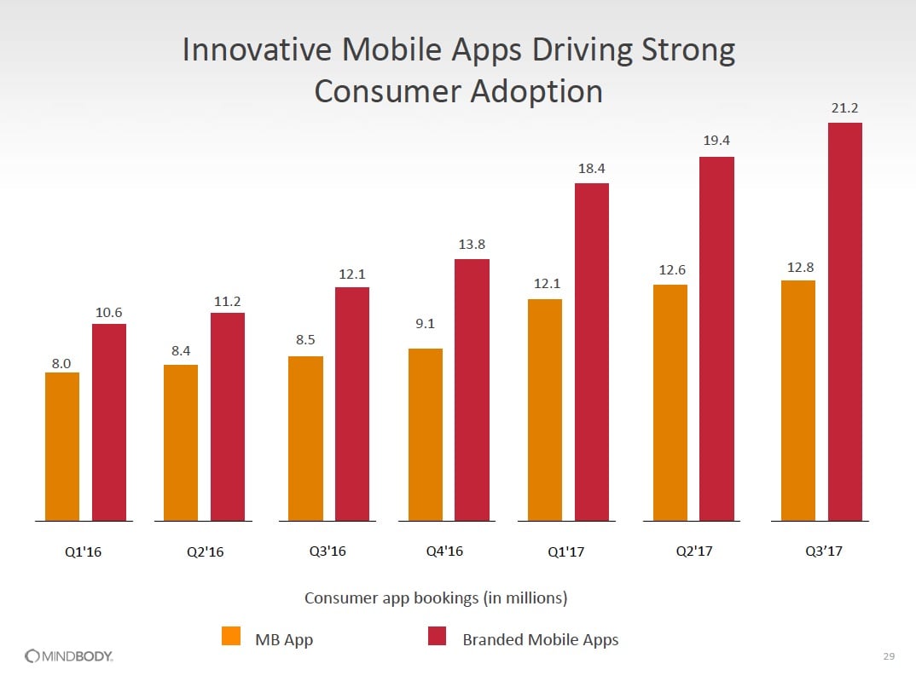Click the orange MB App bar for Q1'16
point(62,446)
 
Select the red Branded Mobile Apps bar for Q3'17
point(844,321)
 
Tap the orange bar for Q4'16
point(426,434)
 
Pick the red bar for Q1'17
point(592,351)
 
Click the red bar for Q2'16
point(228,416)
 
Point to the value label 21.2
point(844,108)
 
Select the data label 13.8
point(472,245)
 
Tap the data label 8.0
point(61,363)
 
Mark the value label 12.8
point(800,268)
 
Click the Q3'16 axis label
point(328,551)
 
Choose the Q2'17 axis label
point(693,551)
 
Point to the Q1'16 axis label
point(84,551)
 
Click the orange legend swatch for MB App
point(230,637)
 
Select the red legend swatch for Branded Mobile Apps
point(437,637)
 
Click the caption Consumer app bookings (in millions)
point(436,598)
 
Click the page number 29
point(889,655)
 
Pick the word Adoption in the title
point(538,91)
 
